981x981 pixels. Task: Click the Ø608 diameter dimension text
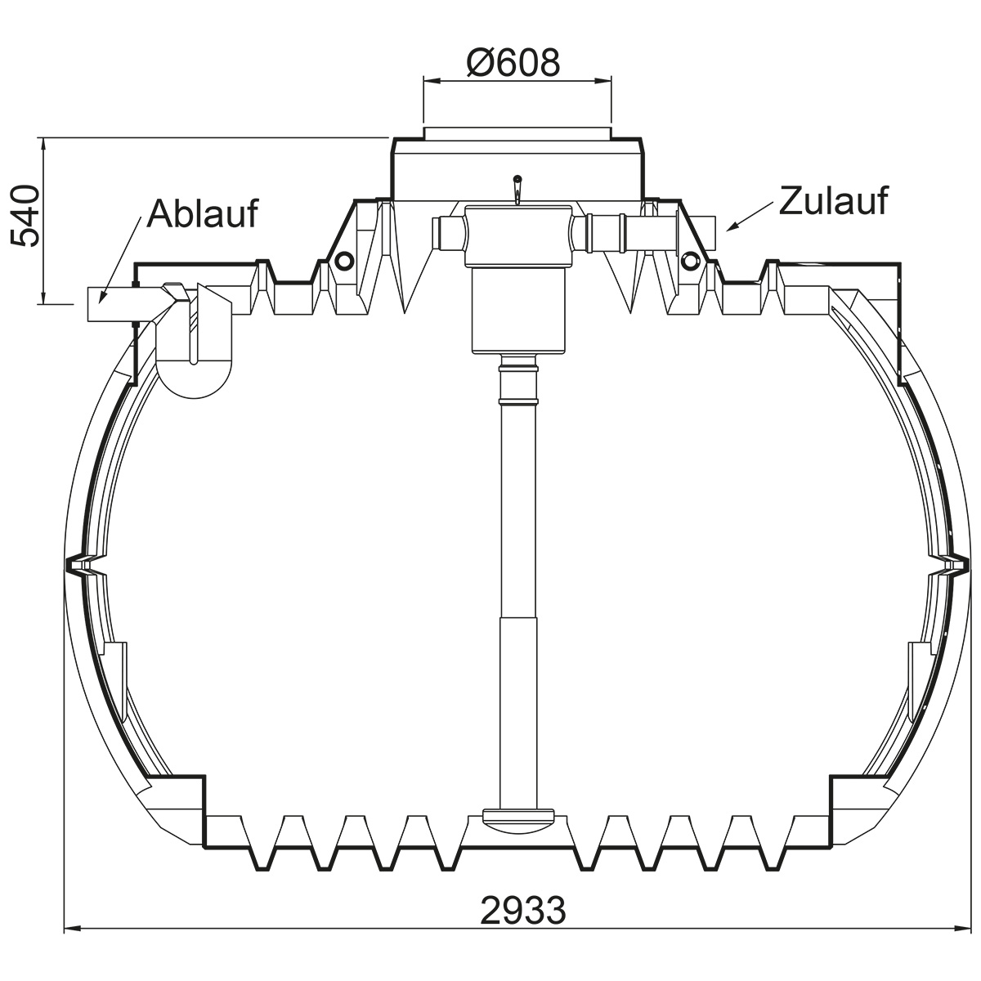coord(513,63)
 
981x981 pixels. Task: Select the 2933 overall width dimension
coord(523,909)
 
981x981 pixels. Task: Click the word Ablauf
coord(202,214)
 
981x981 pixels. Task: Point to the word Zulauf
coord(834,200)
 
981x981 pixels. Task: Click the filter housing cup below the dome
coord(519,311)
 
